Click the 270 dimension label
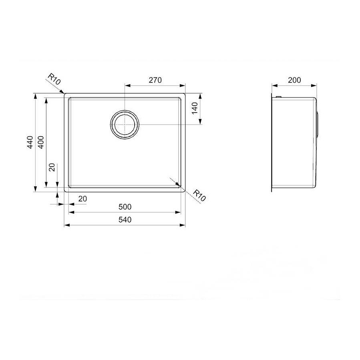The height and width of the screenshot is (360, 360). [x=155, y=80]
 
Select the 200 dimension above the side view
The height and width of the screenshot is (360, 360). [x=294, y=80]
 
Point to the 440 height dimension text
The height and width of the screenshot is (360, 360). [x=30, y=143]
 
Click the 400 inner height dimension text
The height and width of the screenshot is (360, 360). [x=41, y=143]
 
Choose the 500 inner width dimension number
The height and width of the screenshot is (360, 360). [x=125, y=207]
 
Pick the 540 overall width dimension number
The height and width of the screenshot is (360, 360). [x=125, y=220]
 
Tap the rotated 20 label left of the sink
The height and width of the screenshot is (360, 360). [x=52, y=168]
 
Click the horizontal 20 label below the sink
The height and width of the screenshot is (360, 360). [x=82, y=198]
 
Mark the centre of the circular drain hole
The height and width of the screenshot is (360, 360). [x=125, y=124]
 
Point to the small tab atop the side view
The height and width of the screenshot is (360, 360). [x=278, y=97]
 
